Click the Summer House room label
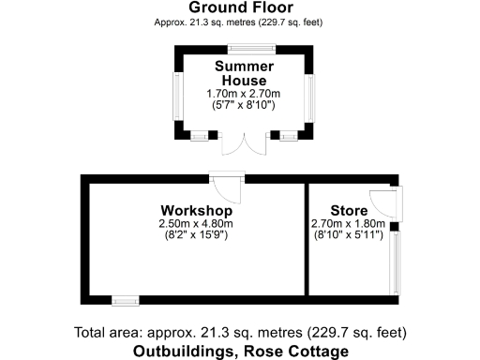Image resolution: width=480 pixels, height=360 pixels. [244, 73]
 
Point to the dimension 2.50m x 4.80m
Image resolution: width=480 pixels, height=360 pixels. [195, 223]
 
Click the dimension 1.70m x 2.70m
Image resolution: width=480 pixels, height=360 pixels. [244, 94]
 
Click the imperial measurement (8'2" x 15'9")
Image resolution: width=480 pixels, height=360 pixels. [195, 235]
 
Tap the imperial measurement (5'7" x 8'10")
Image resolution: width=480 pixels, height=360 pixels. [244, 106]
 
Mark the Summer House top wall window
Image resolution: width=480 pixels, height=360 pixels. [245, 48]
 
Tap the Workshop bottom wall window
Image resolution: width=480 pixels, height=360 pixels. [125, 300]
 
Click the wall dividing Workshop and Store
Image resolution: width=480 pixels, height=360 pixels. [307, 239]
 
